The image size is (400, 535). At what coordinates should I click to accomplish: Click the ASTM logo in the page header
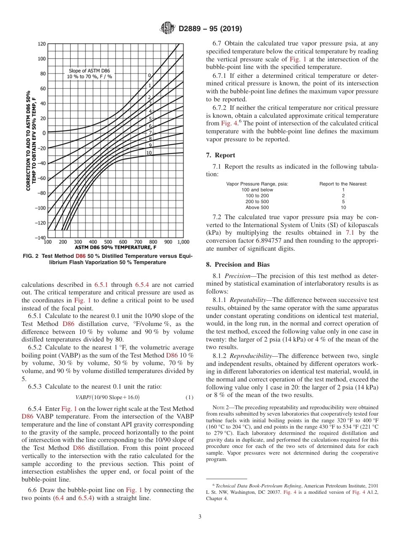tap(168, 29)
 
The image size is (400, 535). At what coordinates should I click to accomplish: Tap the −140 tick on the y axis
tap(40, 238)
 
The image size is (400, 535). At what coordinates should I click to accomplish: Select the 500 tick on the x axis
tap(108, 242)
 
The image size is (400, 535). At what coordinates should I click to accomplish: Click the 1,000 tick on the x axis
tap(183, 242)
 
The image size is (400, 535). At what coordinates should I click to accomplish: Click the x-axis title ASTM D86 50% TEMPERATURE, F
tap(115, 248)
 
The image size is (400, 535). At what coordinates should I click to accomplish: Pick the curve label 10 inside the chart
tap(149, 153)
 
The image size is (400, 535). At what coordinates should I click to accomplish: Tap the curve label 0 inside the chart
tap(149, 75)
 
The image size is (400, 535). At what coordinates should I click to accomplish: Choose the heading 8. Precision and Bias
tap(238, 265)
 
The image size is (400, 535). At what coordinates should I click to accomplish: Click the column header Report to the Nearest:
tap(343, 184)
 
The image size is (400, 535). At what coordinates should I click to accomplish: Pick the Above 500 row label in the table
tap(257, 207)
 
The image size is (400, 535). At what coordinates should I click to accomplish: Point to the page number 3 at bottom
tap(200, 516)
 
